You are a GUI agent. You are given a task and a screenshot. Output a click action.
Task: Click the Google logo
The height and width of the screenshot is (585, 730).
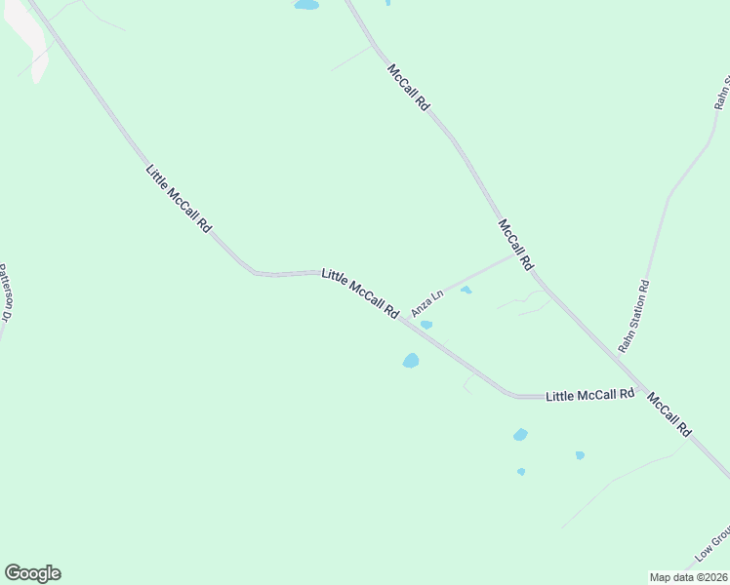[x=32, y=573]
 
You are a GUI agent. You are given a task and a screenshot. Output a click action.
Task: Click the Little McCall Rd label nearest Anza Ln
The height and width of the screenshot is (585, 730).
[x=360, y=293]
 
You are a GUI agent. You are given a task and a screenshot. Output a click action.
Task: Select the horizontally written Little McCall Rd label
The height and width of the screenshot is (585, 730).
[x=589, y=395]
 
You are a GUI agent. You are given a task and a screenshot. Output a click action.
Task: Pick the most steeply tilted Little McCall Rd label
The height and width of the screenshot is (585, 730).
[x=179, y=197]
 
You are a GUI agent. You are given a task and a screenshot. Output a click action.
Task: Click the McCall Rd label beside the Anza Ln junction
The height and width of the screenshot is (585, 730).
[x=516, y=245]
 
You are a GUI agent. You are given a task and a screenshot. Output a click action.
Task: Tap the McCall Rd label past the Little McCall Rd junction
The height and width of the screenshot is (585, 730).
[x=669, y=414]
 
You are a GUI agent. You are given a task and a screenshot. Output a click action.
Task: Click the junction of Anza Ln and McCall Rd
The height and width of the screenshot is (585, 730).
[x=511, y=255]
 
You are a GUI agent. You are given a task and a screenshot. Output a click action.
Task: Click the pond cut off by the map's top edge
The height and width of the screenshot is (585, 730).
[x=306, y=5]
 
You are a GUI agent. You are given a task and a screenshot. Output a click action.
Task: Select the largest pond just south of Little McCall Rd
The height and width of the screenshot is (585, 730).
[x=411, y=361]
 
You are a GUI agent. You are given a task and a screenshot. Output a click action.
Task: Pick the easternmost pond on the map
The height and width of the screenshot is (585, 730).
[x=580, y=455]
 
